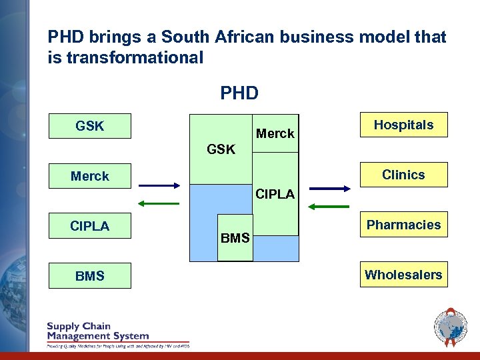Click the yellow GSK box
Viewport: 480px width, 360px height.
click(x=90, y=126)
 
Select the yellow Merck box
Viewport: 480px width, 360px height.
click(x=90, y=176)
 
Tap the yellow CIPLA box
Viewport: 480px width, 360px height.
click(x=90, y=226)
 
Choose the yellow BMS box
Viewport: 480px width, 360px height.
click(x=90, y=275)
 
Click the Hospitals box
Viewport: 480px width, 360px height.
click(x=403, y=125)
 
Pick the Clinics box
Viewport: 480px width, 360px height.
click(x=403, y=175)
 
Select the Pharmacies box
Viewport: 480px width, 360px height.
click(x=403, y=225)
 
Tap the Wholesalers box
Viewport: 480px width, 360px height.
click(x=403, y=274)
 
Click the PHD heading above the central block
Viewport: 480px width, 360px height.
click(x=239, y=93)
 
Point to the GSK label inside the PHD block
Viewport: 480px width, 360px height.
click(x=221, y=149)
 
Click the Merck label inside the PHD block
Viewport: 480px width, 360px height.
click(x=275, y=133)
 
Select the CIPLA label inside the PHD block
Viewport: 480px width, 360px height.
click(x=275, y=194)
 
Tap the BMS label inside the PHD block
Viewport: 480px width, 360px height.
click(x=235, y=238)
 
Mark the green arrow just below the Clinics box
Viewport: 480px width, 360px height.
click(x=330, y=207)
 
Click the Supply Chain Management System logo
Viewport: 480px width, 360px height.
click(x=117, y=335)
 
